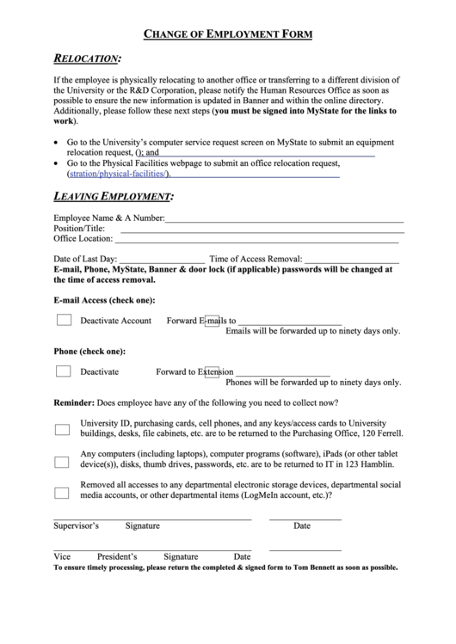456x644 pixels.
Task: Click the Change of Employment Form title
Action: pyautogui.click(x=227, y=34)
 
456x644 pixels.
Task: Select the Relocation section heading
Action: pyautogui.click(x=87, y=59)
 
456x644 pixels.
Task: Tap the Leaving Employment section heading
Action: pyautogui.click(x=113, y=197)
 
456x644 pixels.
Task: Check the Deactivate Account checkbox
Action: pyautogui.click(x=64, y=320)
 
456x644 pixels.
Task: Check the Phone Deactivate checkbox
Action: pyautogui.click(x=64, y=371)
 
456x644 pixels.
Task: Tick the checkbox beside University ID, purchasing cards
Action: pyautogui.click(x=63, y=429)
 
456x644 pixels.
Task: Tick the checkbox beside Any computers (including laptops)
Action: pyautogui.click(x=63, y=461)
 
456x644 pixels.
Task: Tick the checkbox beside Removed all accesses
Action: pyautogui.click(x=63, y=493)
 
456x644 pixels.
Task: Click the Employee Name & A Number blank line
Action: pyautogui.click(x=284, y=219)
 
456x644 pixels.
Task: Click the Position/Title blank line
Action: pyautogui.click(x=262, y=230)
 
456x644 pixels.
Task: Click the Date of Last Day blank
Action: pyautogui.click(x=161, y=259)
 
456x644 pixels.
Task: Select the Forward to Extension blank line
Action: pyautogui.click(x=281, y=373)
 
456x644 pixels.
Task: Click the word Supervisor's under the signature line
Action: pyautogui.click(x=77, y=525)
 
